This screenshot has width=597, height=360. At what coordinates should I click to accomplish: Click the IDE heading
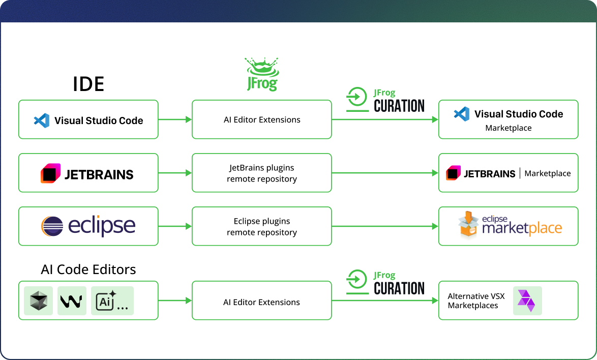tap(88, 84)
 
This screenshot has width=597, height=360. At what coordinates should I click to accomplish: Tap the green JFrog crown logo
tap(262, 74)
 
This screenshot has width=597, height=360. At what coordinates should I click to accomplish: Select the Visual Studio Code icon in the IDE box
tap(41, 121)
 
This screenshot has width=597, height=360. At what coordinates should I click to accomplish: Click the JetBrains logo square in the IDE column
tap(50, 174)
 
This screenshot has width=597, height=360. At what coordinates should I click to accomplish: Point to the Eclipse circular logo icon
tap(52, 226)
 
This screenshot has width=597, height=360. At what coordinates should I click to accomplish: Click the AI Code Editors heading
tap(88, 269)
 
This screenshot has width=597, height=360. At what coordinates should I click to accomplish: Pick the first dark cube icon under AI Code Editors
tap(38, 301)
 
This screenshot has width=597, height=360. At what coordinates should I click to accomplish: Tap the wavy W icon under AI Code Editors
tap(72, 301)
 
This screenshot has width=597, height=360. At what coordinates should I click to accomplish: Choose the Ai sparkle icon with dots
tap(112, 301)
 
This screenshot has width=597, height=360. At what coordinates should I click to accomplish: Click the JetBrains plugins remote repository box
tap(261, 173)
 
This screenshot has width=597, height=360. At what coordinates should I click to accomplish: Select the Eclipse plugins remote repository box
tap(261, 227)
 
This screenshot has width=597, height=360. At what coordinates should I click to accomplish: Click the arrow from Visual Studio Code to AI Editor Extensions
tap(175, 119)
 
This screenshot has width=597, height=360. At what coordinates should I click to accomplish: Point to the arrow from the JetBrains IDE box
tap(175, 173)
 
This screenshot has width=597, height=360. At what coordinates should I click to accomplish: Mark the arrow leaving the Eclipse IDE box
tap(175, 226)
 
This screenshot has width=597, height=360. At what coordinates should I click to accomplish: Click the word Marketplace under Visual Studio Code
tap(508, 128)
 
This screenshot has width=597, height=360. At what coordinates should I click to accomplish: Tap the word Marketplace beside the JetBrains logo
tap(547, 173)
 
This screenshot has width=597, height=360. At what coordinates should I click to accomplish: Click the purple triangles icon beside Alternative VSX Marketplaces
tap(526, 300)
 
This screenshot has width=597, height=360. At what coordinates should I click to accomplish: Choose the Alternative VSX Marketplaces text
tap(473, 301)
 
